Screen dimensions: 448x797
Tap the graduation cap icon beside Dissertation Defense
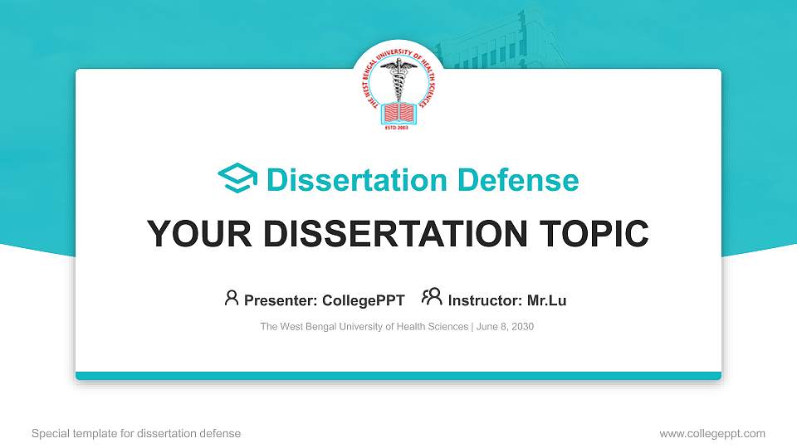237,179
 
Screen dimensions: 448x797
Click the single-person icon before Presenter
232,297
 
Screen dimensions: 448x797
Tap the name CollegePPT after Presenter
364,300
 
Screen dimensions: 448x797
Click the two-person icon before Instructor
432,297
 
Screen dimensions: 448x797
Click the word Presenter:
280,300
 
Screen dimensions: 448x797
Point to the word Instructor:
485,300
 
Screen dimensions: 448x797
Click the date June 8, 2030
505,327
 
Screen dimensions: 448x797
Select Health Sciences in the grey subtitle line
433,327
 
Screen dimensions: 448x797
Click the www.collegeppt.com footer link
712,433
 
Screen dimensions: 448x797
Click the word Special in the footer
49,433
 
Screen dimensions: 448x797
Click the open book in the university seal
398,110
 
